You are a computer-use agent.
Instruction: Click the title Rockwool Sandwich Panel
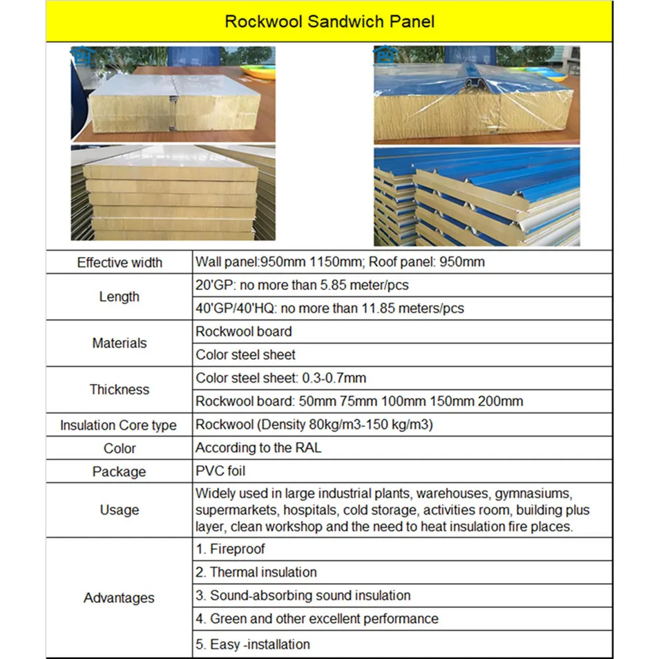[329, 21]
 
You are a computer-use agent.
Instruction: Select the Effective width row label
[120, 262]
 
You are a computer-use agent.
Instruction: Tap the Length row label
[120, 296]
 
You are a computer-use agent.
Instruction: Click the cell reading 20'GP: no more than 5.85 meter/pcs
[307, 285]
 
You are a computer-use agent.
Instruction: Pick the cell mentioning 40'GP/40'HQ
[329, 308]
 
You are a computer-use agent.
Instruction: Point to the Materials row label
[120, 343]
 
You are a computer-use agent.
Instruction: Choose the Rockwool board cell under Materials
[244, 332]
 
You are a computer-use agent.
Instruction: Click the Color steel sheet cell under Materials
[245, 355]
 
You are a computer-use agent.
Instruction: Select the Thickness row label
[120, 389]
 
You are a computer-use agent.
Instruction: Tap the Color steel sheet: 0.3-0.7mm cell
[280, 379]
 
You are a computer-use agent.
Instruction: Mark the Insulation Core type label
[118, 426]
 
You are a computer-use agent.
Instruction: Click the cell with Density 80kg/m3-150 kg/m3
[314, 424]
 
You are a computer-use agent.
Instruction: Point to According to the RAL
[258, 448]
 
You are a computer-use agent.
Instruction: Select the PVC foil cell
[220, 471]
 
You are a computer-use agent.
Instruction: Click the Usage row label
[120, 510]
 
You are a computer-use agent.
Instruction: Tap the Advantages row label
[119, 598]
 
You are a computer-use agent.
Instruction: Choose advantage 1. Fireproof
[230, 550]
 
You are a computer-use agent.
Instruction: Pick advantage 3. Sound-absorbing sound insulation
[303, 595]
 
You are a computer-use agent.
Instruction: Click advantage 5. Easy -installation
[252, 644]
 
